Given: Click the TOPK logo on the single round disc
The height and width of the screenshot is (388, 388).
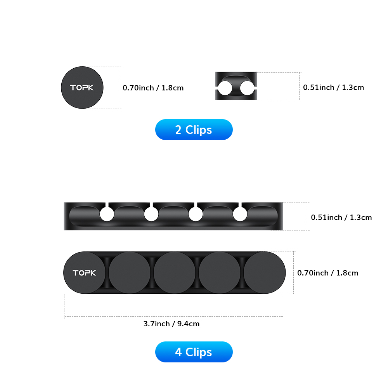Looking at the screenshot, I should point(82,88).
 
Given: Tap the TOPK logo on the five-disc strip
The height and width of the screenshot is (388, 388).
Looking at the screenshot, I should point(84,273).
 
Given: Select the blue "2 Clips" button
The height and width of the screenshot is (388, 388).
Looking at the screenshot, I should point(194,130).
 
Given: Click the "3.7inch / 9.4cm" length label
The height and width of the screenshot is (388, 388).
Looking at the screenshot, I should point(171,324).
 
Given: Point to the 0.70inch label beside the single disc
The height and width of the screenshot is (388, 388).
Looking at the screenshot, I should point(153,88).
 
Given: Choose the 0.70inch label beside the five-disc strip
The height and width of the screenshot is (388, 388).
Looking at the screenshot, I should point(328,273).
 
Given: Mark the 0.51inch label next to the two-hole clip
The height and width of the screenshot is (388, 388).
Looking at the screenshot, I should point(334,87).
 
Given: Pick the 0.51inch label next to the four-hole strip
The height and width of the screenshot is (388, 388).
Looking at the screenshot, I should point(341,217).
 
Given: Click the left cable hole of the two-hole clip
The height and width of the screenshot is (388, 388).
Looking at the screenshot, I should point(225,88).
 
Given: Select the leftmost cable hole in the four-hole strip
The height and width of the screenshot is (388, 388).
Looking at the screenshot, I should point(107,214).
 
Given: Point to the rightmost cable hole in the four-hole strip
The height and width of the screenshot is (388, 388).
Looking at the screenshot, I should point(240,214).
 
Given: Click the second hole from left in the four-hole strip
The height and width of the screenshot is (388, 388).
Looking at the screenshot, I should point(151,214).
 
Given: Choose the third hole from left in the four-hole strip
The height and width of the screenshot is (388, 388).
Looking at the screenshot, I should point(196,214).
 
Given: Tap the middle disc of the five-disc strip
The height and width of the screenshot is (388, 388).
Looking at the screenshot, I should point(175,273).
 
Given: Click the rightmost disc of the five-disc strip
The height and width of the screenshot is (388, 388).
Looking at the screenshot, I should point(265,273).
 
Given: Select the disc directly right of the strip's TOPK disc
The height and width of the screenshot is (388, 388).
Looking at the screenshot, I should point(130,273).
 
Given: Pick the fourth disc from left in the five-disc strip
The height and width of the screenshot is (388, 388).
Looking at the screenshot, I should point(220,273).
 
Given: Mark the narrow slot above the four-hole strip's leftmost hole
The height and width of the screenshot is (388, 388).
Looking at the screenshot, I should point(107,204).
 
